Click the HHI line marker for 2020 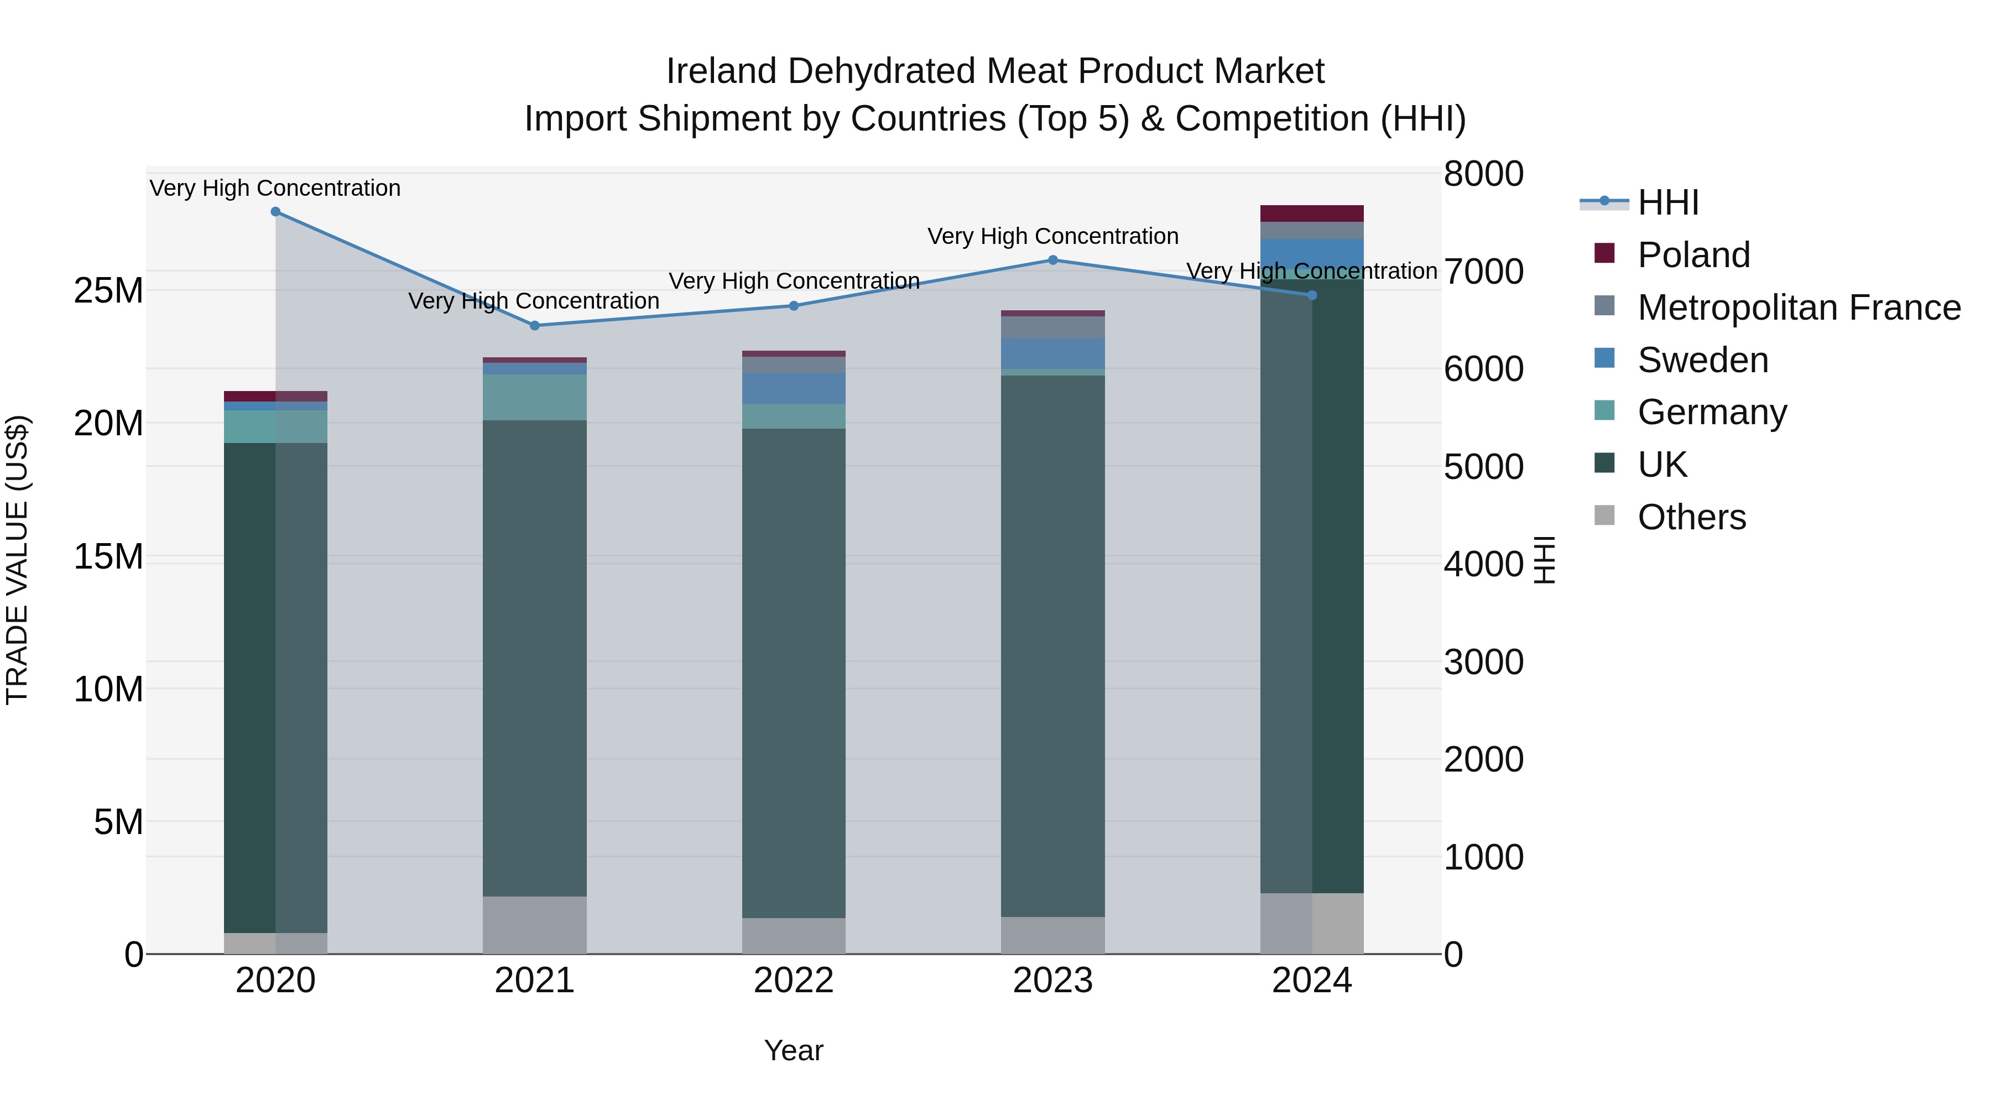click(x=275, y=212)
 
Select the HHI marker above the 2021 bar click(x=534, y=325)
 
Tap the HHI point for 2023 click(x=1052, y=261)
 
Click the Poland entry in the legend click(x=1693, y=255)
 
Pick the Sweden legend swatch click(x=1604, y=358)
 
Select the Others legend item click(x=1691, y=517)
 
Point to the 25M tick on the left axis click(x=108, y=290)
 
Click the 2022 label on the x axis click(x=793, y=981)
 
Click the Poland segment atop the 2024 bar click(x=1312, y=213)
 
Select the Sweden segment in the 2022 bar click(x=793, y=388)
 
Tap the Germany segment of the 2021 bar click(x=534, y=397)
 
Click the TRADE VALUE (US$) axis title click(x=17, y=560)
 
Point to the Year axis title click(x=793, y=1050)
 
